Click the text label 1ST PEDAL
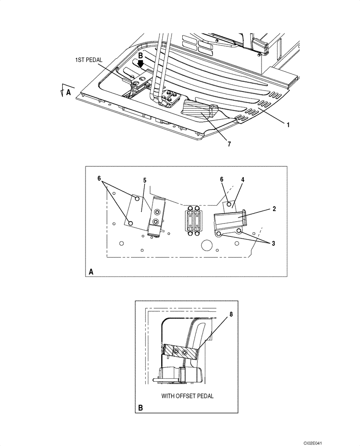[90, 59]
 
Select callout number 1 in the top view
[288, 125]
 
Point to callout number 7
[229, 144]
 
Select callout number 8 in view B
[231, 314]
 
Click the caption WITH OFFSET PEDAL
[187, 396]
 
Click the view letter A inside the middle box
[91, 271]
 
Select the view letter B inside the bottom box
[141, 407]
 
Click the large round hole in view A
[206, 245]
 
